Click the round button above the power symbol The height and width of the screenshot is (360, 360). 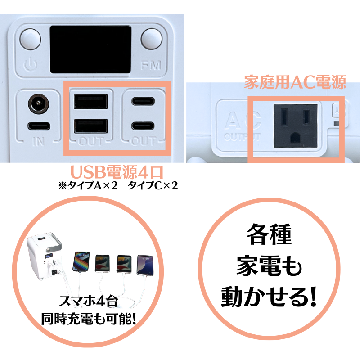pyautogui.click(x=30, y=39)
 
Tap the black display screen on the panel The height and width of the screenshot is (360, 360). pyautogui.click(x=91, y=49)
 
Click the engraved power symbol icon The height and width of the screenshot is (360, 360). pyautogui.click(x=30, y=64)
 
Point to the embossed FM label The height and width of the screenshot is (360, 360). pyautogui.click(x=151, y=65)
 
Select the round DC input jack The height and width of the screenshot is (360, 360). pyautogui.click(x=39, y=104)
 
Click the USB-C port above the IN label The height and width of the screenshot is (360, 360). pyautogui.click(x=39, y=126)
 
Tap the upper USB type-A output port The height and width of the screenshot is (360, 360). pyautogui.click(x=91, y=102)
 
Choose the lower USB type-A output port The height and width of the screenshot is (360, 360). pyautogui.click(x=91, y=126)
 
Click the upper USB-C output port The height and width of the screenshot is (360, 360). pyautogui.click(x=143, y=101)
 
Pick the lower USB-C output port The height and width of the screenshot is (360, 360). pyautogui.click(x=143, y=126)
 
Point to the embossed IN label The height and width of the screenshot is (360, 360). pyautogui.click(x=39, y=141)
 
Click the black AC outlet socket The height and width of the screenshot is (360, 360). pyautogui.click(x=296, y=126)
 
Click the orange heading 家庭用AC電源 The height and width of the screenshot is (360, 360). pyautogui.click(x=295, y=82)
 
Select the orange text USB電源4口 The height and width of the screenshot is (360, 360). pyautogui.click(x=117, y=172)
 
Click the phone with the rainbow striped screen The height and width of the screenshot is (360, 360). pyautogui.click(x=81, y=261)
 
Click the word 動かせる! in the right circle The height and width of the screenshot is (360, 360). pyautogui.click(x=269, y=297)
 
